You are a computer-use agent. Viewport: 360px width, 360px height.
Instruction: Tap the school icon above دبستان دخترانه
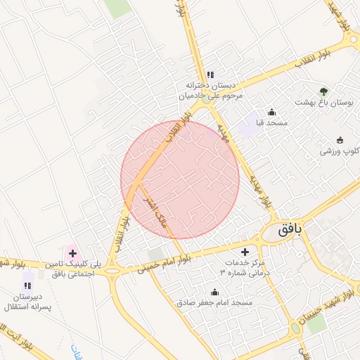pyautogui.click(x=210, y=75)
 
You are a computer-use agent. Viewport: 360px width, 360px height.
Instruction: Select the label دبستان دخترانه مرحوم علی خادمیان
pyautogui.click(x=210, y=89)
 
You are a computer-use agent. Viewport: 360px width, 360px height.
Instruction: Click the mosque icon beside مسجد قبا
pyautogui.click(x=272, y=112)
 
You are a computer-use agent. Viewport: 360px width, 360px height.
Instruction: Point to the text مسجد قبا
pyautogui.click(x=250, y=123)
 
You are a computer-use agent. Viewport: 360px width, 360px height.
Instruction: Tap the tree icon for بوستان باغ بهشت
pyautogui.click(x=323, y=91)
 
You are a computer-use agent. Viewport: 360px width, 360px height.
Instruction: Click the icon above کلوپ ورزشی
pyautogui.click(x=340, y=139)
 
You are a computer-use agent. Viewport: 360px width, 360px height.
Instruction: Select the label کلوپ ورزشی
pyautogui.click(x=340, y=150)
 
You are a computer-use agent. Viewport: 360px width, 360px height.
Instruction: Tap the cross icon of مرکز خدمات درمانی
pyautogui.click(x=245, y=251)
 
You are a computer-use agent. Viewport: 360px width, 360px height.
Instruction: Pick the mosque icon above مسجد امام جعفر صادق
pyautogui.click(x=214, y=292)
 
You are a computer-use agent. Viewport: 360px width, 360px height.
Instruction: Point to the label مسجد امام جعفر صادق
pyautogui.click(x=214, y=302)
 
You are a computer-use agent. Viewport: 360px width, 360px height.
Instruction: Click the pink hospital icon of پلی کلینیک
pyautogui.click(x=72, y=252)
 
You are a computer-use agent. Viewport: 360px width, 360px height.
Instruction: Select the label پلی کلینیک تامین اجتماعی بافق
pyautogui.click(x=69, y=269)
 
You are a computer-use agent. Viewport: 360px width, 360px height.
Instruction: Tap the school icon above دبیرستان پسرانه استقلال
pyautogui.click(x=27, y=285)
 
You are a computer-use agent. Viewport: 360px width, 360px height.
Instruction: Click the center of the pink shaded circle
pyautogui.click(x=180, y=180)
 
